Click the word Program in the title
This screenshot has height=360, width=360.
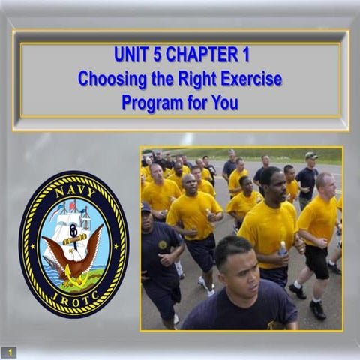click(x=150, y=101)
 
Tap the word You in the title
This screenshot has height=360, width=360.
click(x=224, y=101)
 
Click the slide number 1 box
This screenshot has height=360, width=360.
click(x=10, y=351)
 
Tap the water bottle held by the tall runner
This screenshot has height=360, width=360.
click(x=283, y=248)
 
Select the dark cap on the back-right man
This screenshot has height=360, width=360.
click(x=310, y=156)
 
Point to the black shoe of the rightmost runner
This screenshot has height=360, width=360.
click(x=318, y=309)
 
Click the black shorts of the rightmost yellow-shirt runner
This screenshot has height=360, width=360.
click(x=316, y=262)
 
